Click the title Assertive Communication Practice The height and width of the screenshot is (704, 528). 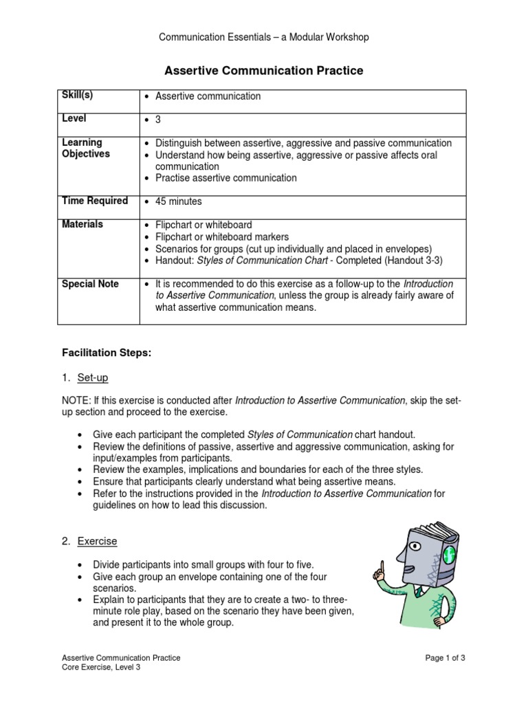263,70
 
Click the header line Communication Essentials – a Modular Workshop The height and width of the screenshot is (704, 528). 264,37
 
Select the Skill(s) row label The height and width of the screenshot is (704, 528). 77,95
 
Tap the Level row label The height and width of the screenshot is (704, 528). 74,118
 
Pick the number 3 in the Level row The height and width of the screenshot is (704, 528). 157,120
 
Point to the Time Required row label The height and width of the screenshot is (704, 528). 95,201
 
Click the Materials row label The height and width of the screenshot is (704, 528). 82,224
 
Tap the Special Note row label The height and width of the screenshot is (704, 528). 90,284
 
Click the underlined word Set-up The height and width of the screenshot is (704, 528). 93,377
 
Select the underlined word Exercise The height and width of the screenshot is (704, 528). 97,541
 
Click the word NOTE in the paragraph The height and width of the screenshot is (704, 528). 75,400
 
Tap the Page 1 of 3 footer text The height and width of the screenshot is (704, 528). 445,658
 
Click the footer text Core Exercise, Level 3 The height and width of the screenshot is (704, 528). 101,667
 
